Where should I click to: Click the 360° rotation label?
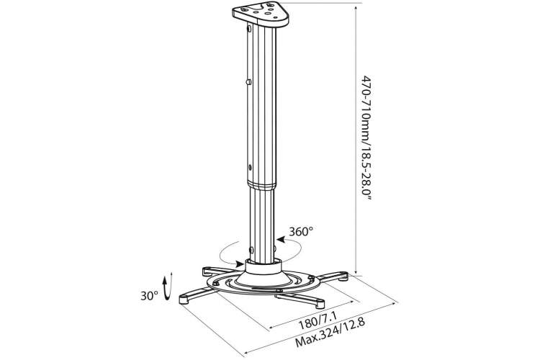coord(301,232)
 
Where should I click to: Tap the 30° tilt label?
coord(149,296)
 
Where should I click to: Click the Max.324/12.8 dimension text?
coord(330,333)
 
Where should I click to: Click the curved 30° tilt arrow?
coord(168,287)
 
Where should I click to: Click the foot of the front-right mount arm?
coord(320,304)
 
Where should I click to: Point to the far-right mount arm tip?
coord(343,276)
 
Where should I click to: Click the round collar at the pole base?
coord(264,266)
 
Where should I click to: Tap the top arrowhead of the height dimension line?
coord(356,6)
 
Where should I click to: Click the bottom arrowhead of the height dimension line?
coord(356,271)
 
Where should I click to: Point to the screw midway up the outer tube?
coord(248,82)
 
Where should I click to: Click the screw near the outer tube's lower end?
coord(250,168)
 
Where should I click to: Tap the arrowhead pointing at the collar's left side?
coord(240,264)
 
